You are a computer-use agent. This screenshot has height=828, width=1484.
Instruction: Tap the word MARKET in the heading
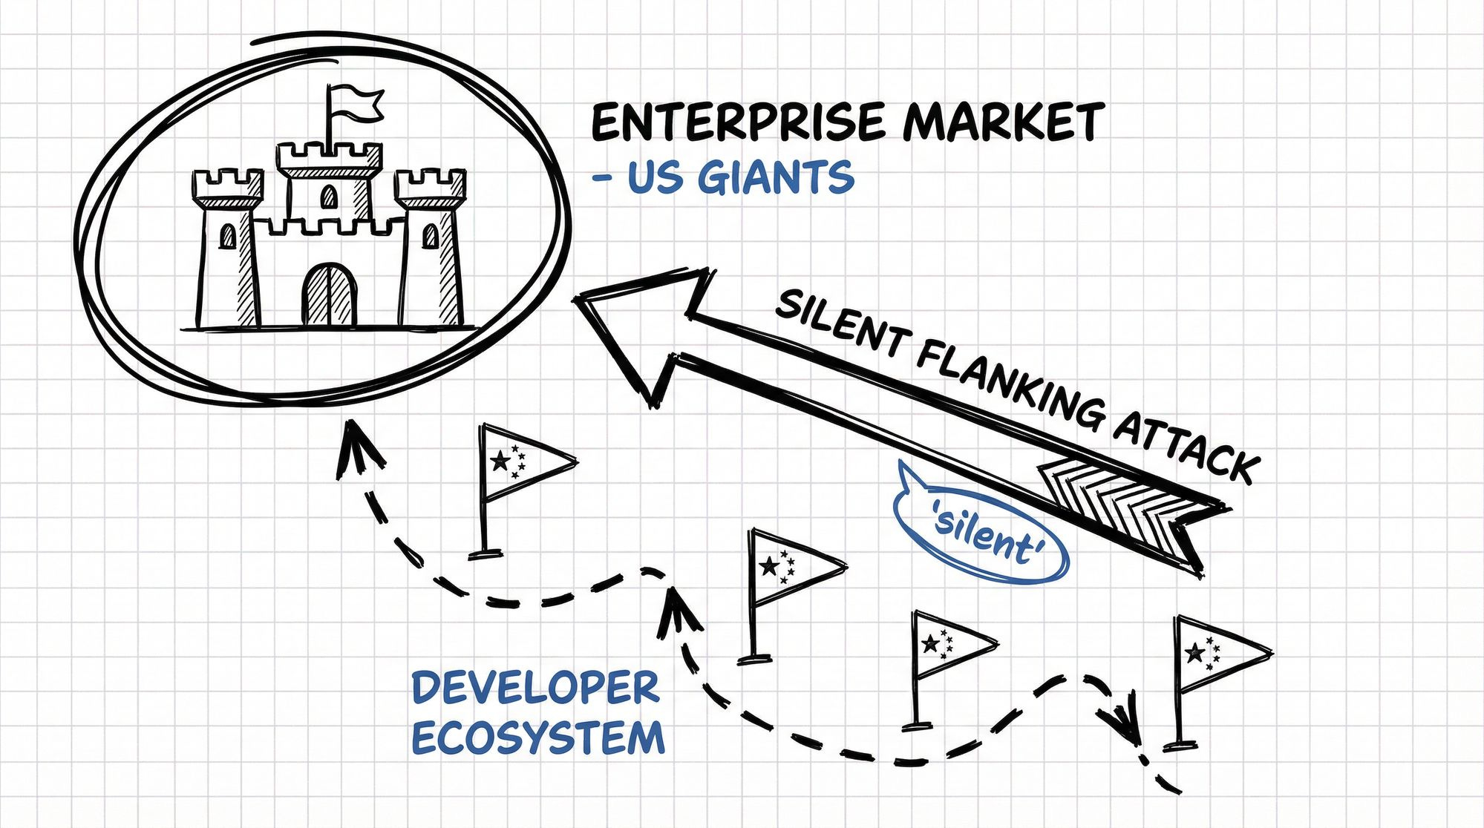pyautogui.click(x=1003, y=122)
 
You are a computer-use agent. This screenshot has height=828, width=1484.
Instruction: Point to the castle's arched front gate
pyautogui.click(x=329, y=295)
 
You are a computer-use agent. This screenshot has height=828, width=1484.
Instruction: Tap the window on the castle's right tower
pyautogui.click(x=430, y=236)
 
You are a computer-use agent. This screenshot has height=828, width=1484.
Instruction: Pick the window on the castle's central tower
pyautogui.click(x=328, y=197)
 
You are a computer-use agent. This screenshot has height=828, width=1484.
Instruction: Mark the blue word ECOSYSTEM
pyautogui.click(x=537, y=739)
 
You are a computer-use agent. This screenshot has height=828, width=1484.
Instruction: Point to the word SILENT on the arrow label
pyautogui.click(x=839, y=319)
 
